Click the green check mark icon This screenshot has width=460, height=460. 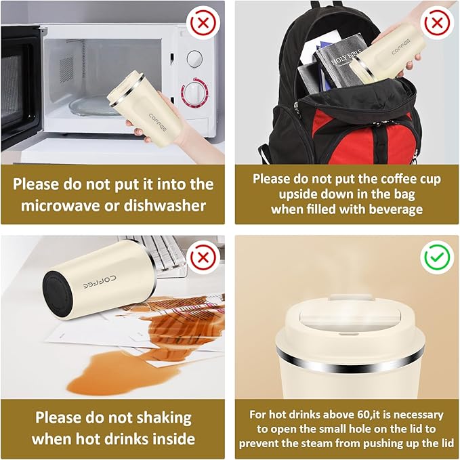tap(437, 257)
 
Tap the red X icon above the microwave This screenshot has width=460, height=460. tap(203, 22)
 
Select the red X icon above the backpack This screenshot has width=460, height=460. tap(437, 22)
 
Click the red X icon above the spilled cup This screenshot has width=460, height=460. tap(203, 257)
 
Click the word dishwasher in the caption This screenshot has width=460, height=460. tap(165, 206)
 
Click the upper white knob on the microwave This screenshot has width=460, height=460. tap(194, 59)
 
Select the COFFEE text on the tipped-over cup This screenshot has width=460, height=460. tap(99, 282)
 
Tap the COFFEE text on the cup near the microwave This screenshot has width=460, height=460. tap(158, 123)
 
